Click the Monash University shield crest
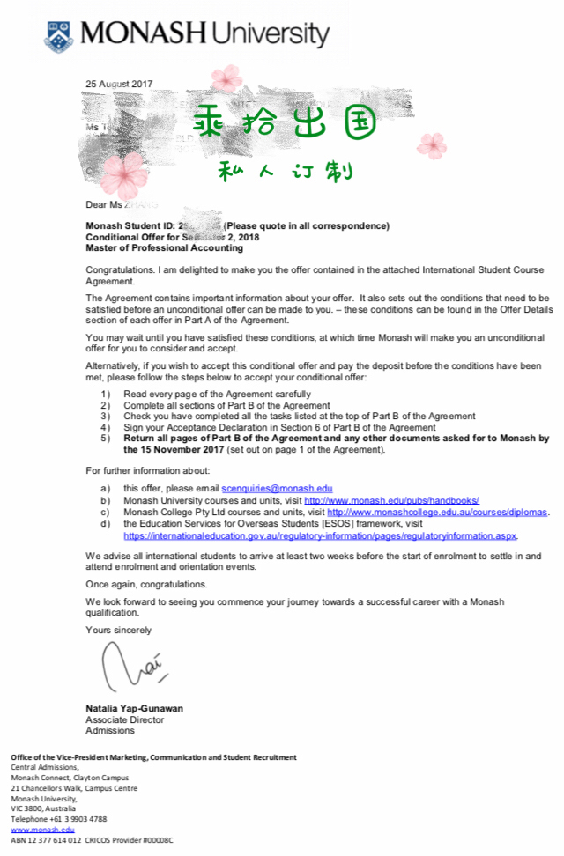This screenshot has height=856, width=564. pyautogui.click(x=60, y=35)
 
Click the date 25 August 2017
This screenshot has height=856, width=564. pyautogui.click(x=119, y=85)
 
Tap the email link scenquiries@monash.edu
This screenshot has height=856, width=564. pyautogui.click(x=277, y=488)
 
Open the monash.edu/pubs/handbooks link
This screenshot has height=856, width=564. pyautogui.click(x=391, y=499)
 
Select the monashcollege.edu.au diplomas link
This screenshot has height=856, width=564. pyautogui.click(x=437, y=511)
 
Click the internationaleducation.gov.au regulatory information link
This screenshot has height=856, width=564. pyautogui.click(x=320, y=535)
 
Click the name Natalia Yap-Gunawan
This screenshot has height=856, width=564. pyautogui.click(x=135, y=708)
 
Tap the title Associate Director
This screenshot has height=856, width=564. pyautogui.click(x=124, y=719)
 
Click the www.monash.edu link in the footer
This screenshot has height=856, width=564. pyautogui.click(x=42, y=829)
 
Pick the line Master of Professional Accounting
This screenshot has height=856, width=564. pyautogui.click(x=164, y=247)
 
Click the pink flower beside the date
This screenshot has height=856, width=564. pyautogui.click(x=226, y=77)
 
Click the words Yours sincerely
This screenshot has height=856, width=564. pyautogui.click(x=118, y=630)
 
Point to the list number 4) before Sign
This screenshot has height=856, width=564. pyautogui.click(x=106, y=427)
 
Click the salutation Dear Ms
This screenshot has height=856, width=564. pyautogui.click(x=103, y=205)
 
